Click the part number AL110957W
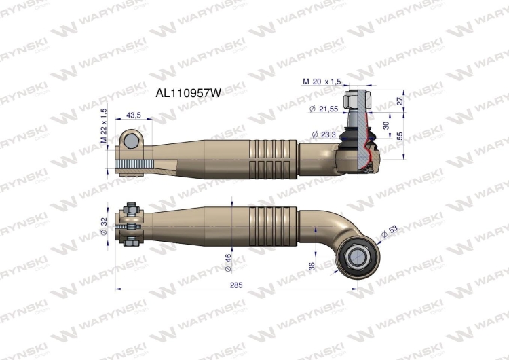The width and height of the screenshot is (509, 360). [x=189, y=94]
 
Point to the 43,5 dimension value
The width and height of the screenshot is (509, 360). [x=133, y=116]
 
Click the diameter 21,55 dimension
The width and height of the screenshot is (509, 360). [x=325, y=108]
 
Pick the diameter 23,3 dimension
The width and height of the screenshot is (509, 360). [x=324, y=135]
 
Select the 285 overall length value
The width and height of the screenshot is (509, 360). [x=235, y=285]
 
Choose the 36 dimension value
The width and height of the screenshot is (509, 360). [x=312, y=267]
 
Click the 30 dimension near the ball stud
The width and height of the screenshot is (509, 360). [x=386, y=125]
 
